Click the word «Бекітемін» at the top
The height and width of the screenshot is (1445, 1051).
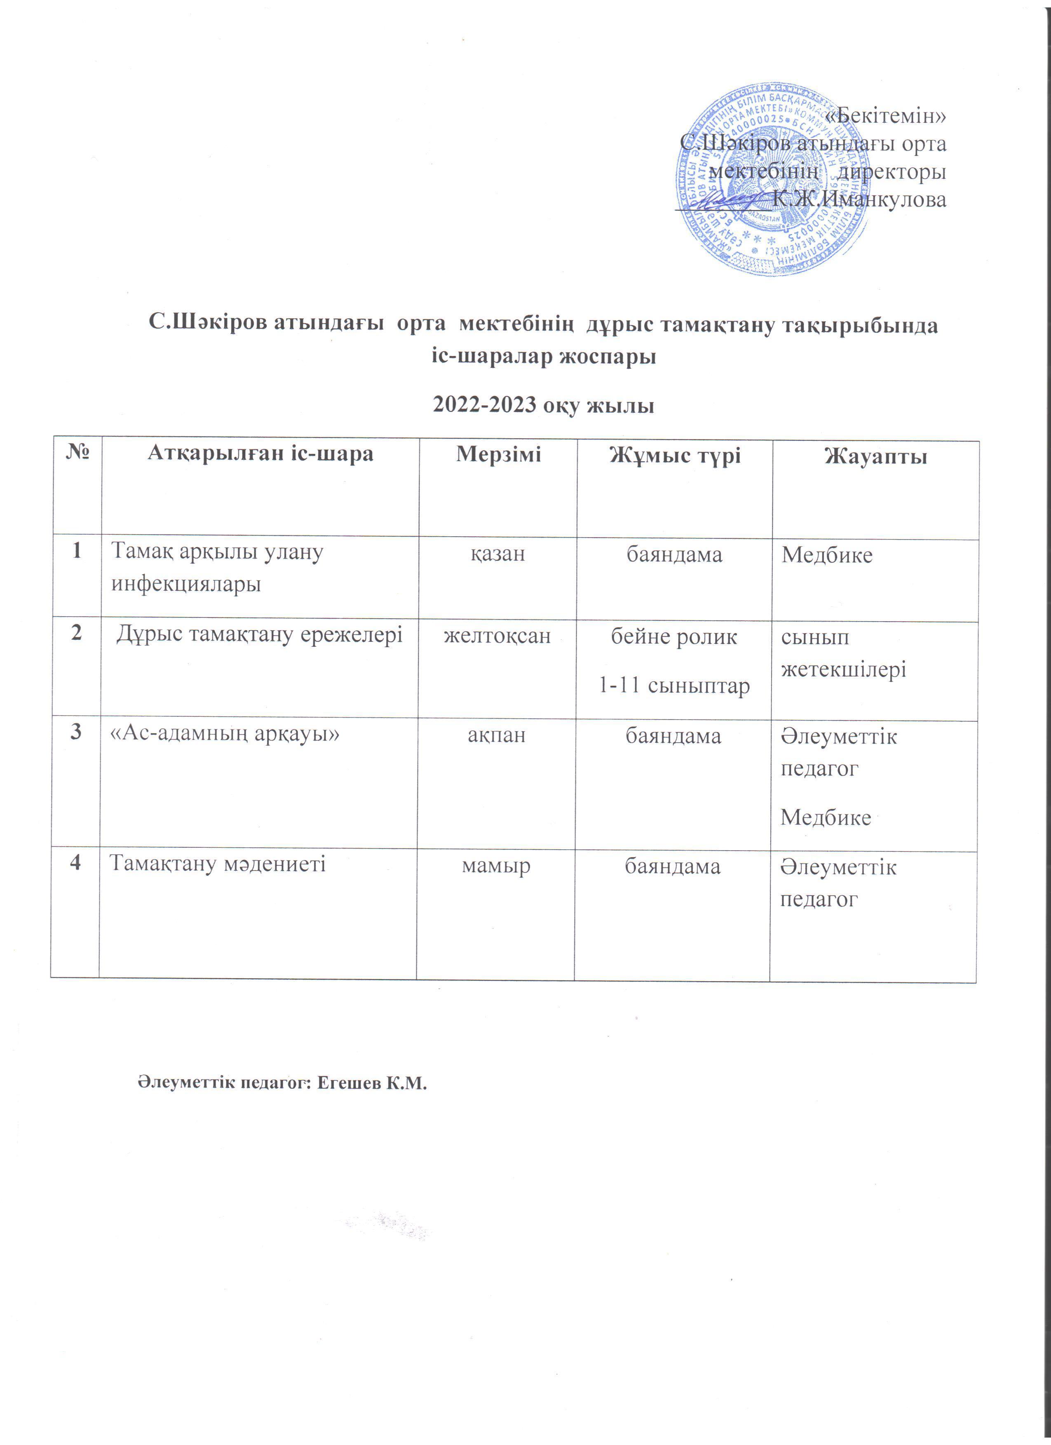[x=885, y=116]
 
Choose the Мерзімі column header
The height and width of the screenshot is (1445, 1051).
[x=498, y=454]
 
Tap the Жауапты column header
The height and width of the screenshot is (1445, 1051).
[x=875, y=456]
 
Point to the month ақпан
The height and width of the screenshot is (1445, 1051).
[x=497, y=735]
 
